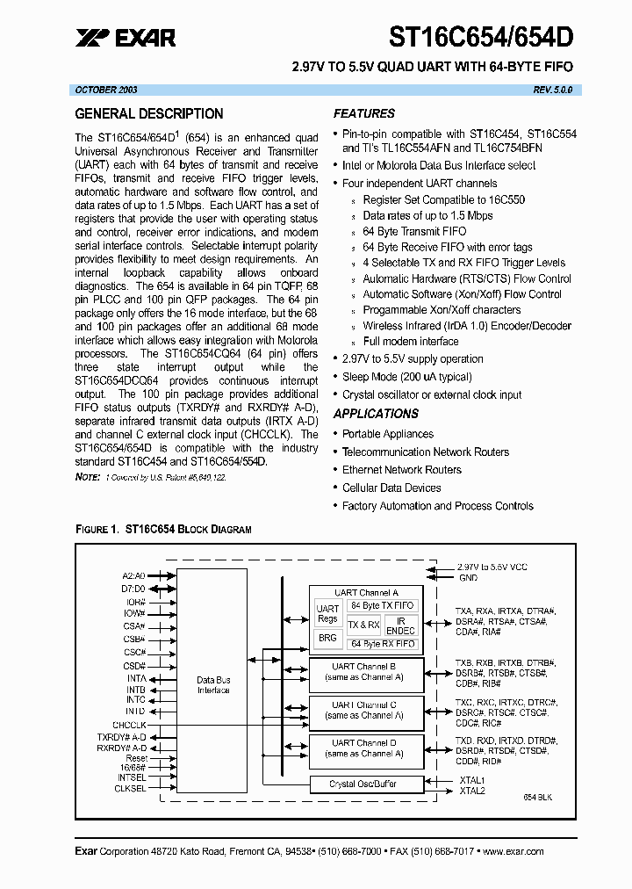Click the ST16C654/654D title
click(482, 37)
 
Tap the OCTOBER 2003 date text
click(106, 90)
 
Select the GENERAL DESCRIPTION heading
click(149, 114)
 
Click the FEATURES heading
click(363, 113)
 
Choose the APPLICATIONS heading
click(376, 414)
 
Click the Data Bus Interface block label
click(213, 685)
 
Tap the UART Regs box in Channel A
click(327, 613)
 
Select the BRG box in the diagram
click(327, 639)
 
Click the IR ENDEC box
click(400, 625)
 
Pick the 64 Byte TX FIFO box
click(382, 606)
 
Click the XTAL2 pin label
click(471, 791)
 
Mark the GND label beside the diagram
click(468, 578)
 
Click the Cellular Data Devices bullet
click(391, 488)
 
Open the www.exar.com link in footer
click(513, 851)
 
